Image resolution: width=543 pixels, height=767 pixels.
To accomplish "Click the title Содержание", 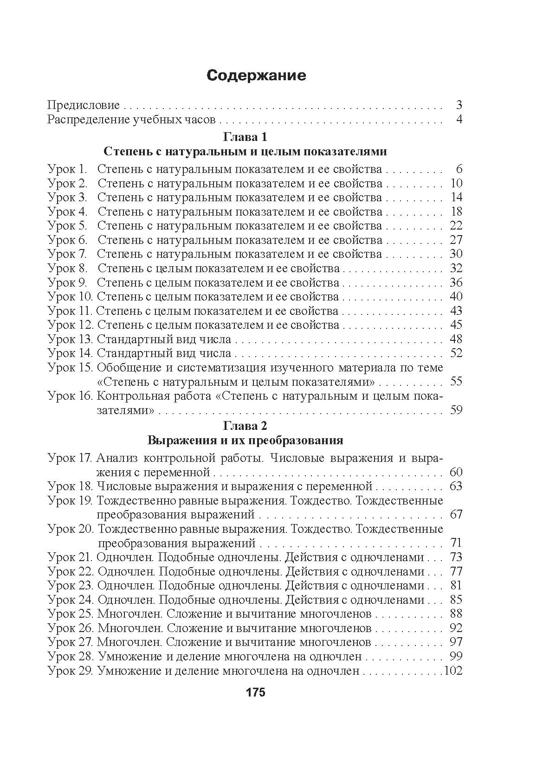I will tap(256, 75).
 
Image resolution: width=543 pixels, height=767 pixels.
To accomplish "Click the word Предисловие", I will tap(84, 105).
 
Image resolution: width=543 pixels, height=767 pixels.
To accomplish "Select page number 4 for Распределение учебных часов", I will tap(459, 120).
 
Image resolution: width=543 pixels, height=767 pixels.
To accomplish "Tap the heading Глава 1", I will tap(245, 137).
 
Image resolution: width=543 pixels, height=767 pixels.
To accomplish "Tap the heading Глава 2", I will tap(245, 425).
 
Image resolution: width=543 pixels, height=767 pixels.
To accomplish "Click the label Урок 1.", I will tap(68, 169).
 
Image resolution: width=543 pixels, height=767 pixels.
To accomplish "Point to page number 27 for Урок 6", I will tap(456, 240).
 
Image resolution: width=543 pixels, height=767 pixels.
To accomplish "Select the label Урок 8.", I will tap(68, 268).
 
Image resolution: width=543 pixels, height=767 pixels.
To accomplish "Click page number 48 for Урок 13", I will tap(456, 339).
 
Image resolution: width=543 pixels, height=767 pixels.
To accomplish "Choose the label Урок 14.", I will tap(70, 353).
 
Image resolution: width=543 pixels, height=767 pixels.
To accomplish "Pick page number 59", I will tap(456, 410).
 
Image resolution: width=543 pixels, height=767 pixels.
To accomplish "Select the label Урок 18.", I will tap(70, 486).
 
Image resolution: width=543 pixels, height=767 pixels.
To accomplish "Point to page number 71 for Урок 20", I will tap(456, 543).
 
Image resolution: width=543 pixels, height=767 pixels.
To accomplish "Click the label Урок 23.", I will tap(70, 586).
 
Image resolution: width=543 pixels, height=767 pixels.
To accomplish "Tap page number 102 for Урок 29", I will tap(453, 671).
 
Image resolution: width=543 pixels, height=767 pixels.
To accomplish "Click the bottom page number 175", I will tap(256, 693).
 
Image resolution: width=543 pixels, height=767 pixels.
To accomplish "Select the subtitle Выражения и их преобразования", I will tap(245, 440).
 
